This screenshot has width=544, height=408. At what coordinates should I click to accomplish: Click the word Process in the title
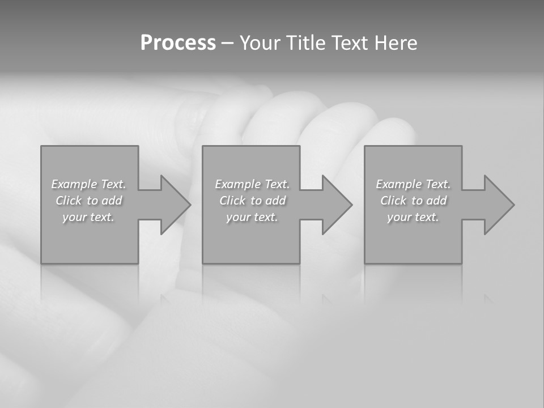(178, 43)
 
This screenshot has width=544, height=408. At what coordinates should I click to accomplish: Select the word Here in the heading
(396, 43)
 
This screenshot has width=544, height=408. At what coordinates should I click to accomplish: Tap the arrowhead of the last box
(498, 205)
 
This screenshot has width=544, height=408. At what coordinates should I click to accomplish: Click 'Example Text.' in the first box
(89, 184)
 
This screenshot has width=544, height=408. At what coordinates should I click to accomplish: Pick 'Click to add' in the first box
(89, 201)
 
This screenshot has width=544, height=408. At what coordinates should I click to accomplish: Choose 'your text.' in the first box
(89, 217)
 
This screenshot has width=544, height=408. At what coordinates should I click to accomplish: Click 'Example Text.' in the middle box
(252, 184)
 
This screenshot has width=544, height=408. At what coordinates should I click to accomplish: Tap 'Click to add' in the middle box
(252, 201)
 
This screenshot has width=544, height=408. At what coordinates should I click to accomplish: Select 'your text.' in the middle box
(252, 217)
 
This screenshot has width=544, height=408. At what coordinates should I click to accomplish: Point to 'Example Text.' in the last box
(413, 184)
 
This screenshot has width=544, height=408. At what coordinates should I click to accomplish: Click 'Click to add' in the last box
(413, 201)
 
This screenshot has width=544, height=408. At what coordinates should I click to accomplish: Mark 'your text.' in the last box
(413, 217)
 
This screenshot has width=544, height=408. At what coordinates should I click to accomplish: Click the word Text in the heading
(349, 43)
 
